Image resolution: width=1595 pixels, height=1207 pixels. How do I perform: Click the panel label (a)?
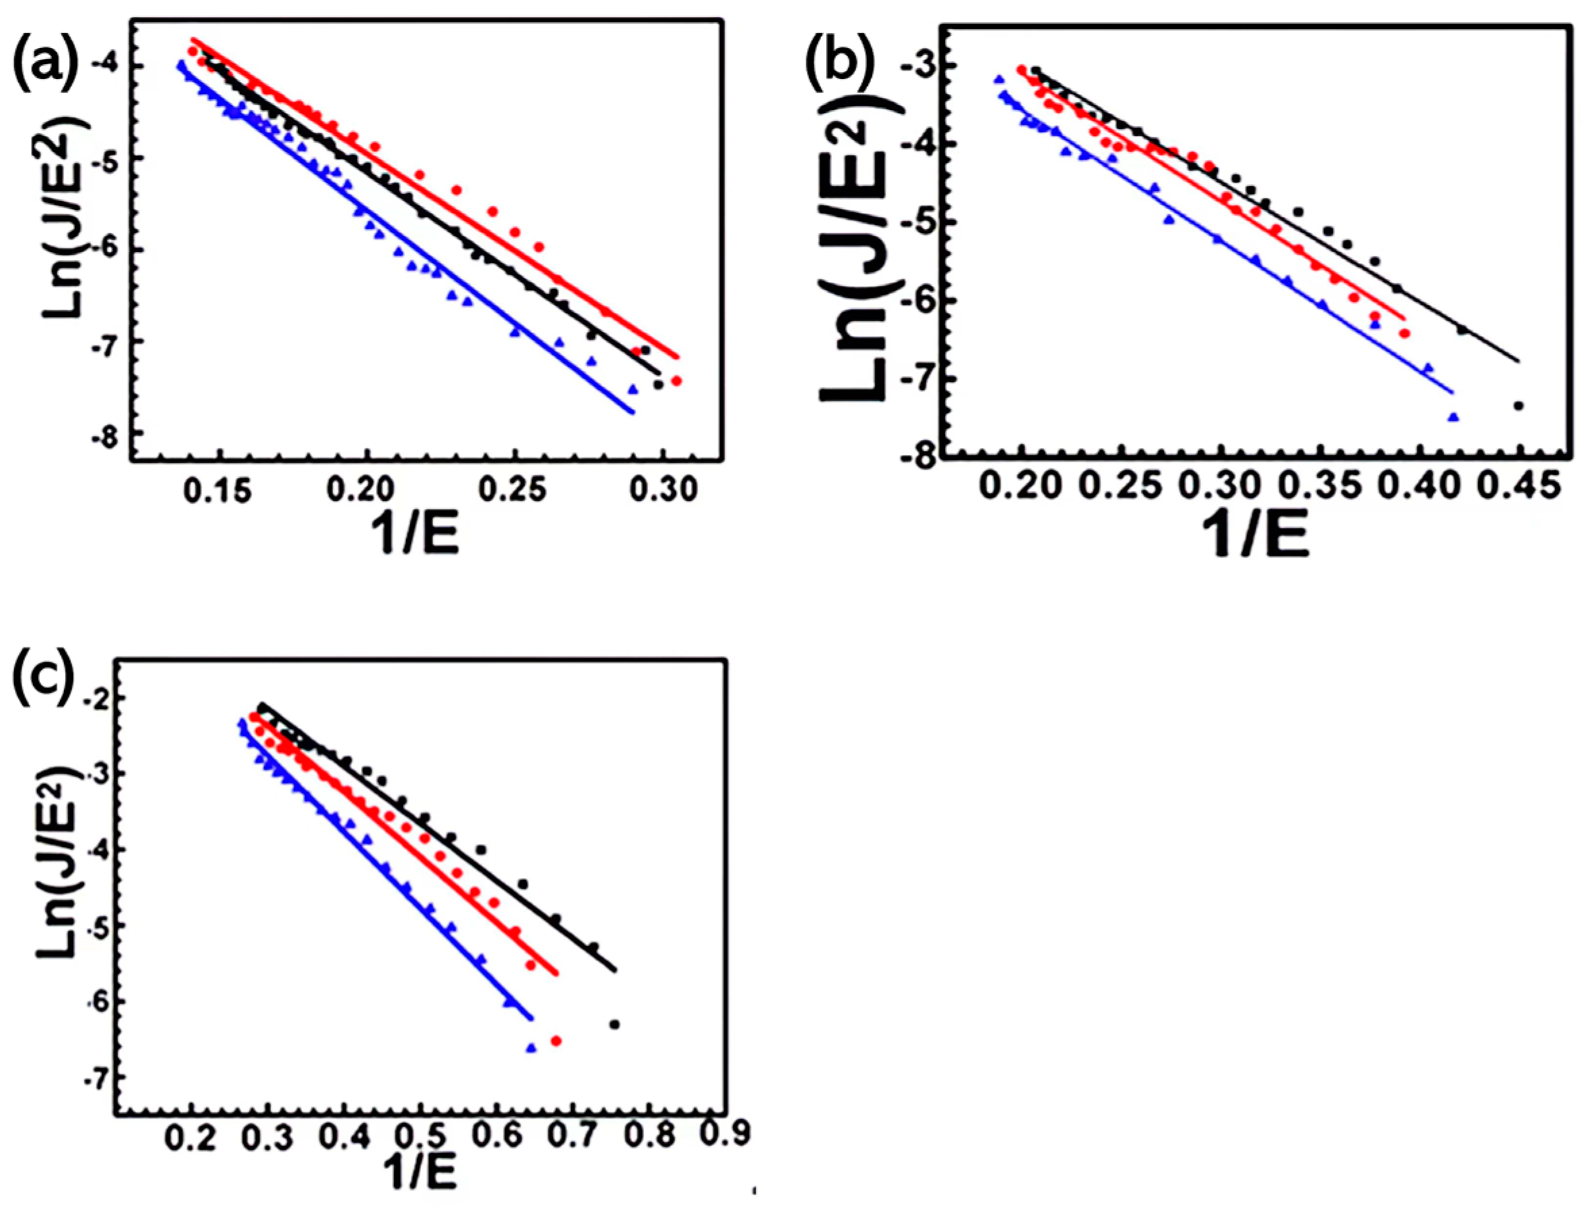click(45, 64)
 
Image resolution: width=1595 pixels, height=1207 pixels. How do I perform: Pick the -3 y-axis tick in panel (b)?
click(916, 66)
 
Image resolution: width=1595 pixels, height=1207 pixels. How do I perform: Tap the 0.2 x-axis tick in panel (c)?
click(189, 1139)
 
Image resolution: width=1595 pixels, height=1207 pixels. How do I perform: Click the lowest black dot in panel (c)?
click(614, 1025)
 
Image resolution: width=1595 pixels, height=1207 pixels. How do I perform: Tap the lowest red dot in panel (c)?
click(556, 1041)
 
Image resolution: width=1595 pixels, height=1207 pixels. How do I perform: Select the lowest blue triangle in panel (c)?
click(531, 1048)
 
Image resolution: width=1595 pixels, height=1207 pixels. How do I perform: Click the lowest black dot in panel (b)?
click(1518, 406)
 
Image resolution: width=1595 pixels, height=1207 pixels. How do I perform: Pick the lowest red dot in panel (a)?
click(676, 380)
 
